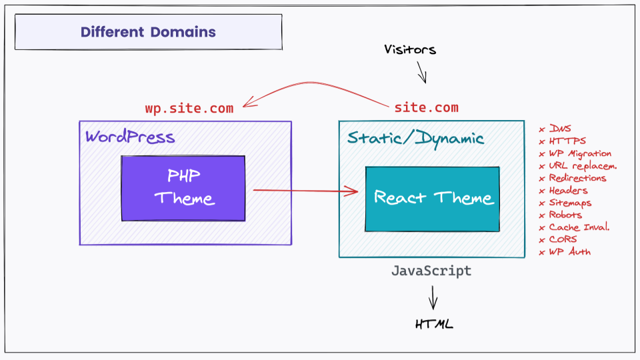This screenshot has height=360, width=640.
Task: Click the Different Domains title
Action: (148, 32)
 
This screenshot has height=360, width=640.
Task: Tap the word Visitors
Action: (410, 49)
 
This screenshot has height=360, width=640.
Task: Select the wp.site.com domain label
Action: (189, 108)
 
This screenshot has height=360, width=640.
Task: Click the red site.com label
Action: (426, 107)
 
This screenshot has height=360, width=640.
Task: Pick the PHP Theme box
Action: (183, 188)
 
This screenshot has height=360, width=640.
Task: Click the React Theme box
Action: (432, 199)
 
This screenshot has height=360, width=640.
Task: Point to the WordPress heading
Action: (130, 137)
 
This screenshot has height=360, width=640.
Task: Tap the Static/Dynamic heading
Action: (415, 139)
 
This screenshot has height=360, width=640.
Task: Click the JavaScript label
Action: (431, 271)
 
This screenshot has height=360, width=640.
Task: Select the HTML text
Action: (434, 325)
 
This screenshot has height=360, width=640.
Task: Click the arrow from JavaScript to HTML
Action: (433, 297)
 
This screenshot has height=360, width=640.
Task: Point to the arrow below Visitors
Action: (422, 72)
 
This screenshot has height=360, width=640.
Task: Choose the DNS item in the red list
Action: (559, 129)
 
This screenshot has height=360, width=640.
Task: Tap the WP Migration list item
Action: (579, 154)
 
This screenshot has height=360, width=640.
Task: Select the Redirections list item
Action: (577, 178)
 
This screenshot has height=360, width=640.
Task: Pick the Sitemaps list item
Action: (570, 203)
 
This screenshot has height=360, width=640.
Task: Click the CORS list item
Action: (563, 239)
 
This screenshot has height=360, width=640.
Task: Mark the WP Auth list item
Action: (569, 252)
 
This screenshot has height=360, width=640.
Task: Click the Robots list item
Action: (565, 215)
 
